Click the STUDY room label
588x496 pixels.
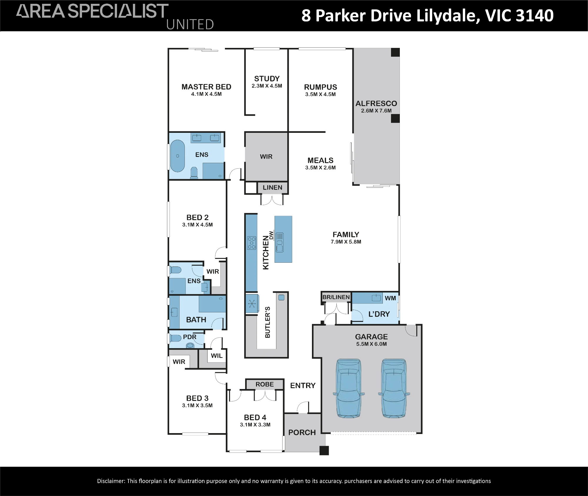pos(267,79)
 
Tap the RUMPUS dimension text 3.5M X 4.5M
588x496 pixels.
pos(320,94)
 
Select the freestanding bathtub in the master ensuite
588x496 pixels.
pos(178,156)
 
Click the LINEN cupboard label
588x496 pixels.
pos(273,187)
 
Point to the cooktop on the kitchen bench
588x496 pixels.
pos(252,243)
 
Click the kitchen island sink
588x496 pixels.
pos(280,242)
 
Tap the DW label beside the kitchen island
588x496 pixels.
pos(271,235)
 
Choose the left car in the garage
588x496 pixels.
pos(349,388)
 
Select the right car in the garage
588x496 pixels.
pos(394,388)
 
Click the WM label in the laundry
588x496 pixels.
pos(390,298)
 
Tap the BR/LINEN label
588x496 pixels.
pos(336,297)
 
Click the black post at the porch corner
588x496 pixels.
pos(324,450)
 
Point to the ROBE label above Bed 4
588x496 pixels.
pos(265,384)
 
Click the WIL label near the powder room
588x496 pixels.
pos(217,356)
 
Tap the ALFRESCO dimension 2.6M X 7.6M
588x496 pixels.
pos(376,111)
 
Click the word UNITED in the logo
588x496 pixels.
pos(190,24)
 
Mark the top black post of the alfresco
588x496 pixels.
pos(395,52)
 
